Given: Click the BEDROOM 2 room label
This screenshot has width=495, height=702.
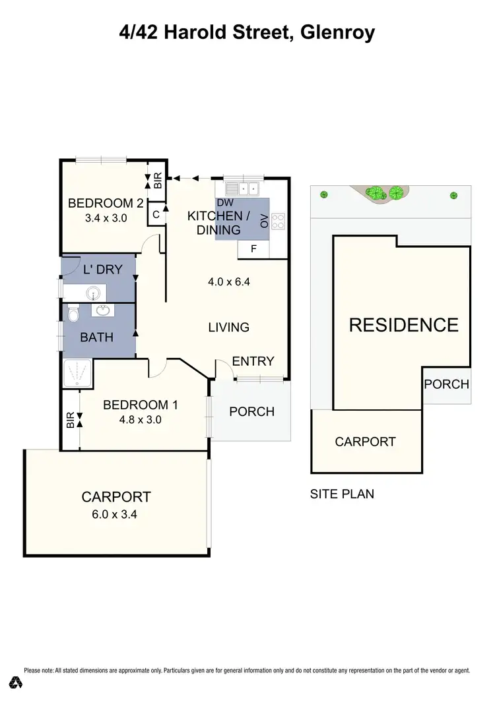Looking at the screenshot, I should [x=106, y=202].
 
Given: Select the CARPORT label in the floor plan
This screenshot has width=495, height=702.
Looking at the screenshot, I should [x=115, y=497].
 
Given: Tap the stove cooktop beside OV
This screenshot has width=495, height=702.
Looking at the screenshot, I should [x=278, y=221].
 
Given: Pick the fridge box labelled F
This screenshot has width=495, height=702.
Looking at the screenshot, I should [x=252, y=249].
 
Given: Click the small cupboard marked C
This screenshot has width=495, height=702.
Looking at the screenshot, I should [x=156, y=214].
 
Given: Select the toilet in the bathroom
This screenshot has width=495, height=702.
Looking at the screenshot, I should [x=73, y=315].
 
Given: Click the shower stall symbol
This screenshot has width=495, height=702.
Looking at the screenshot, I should [x=77, y=374].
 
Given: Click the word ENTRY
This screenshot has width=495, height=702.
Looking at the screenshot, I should [x=253, y=361].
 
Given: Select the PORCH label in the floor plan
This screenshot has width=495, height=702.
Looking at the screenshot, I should [x=251, y=411].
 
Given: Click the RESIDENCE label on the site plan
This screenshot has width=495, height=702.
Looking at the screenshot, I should [x=403, y=324].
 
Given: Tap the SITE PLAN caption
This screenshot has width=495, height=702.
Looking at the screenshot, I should [x=342, y=494].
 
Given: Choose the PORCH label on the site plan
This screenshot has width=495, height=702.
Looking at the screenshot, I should [x=446, y=384].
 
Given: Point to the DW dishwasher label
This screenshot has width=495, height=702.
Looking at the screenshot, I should [x=224, y=202].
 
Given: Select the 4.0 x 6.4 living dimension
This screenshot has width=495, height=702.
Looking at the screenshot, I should [x=228, y=282].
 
